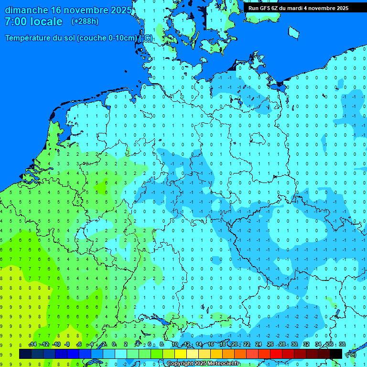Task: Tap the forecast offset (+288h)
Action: point(85,21)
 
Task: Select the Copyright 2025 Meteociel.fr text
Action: point(203,364)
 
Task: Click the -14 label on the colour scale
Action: point(32,345)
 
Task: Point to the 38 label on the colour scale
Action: point(342,345)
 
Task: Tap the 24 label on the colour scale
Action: point(259,345)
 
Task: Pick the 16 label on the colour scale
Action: point(211,345)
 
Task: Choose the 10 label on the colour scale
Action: point(175,345)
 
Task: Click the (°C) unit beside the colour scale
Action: point(351,354)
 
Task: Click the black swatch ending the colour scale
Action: point(336,354)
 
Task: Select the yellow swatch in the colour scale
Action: point(181,354)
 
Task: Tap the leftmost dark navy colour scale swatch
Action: point(25,354)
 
